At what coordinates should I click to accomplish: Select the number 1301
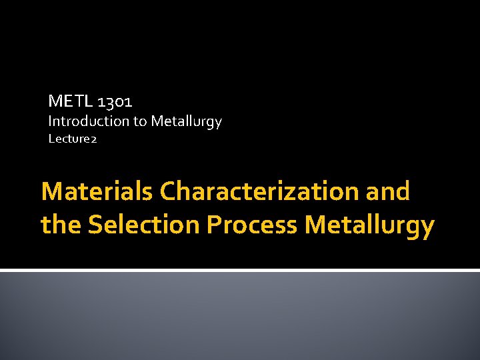point(115,102)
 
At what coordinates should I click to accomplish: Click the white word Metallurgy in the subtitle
point(186,122)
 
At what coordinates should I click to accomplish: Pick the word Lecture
point(69,139)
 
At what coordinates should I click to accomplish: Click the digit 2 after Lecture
point(94,140)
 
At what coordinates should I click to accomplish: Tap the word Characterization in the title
point(259,191)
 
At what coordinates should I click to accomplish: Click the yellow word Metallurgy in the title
point(369,225)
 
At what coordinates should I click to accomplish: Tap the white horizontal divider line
point(240,270)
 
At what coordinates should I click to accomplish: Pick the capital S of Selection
point(95,225)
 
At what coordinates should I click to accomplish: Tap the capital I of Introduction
point(50,121)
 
